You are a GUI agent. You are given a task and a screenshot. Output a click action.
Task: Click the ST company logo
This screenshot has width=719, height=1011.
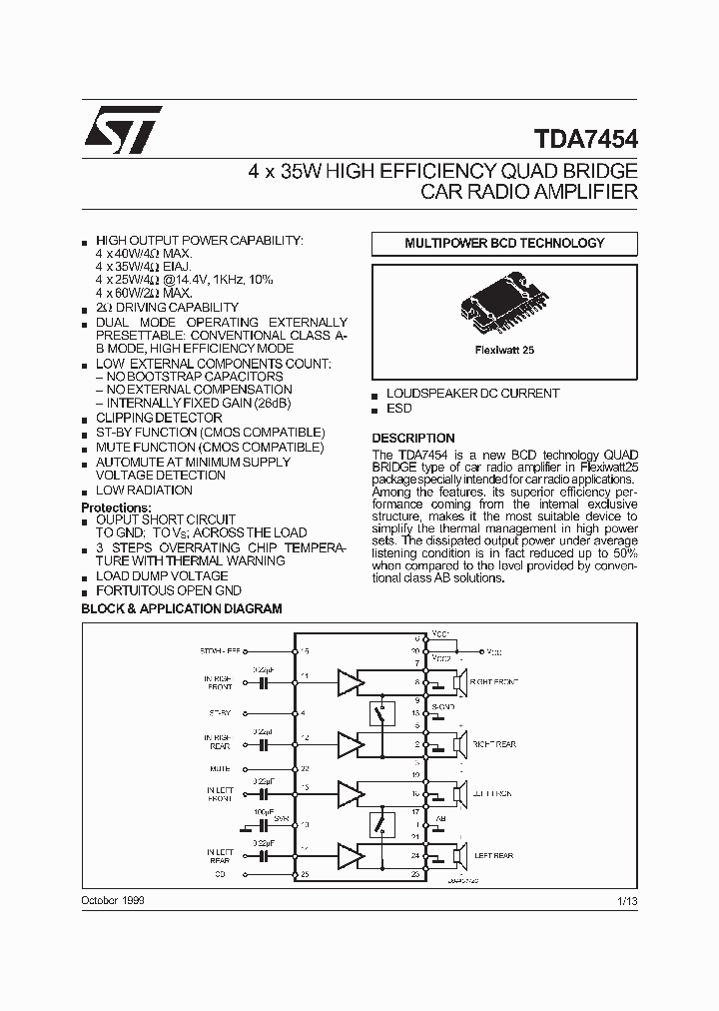tap(121, 132)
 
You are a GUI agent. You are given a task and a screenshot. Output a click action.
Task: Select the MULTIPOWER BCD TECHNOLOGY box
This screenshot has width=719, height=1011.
tap(504, 243)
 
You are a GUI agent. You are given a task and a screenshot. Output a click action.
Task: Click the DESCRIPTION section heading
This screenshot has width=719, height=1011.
tap(413, 438)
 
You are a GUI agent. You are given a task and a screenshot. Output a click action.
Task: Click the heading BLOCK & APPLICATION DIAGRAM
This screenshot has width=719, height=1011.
tap(181, 608)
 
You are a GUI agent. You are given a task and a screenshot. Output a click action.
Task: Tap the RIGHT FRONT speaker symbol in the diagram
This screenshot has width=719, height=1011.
tap(460, 684)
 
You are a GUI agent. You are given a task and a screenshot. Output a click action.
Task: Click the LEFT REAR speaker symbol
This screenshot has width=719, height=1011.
tap(460, 855)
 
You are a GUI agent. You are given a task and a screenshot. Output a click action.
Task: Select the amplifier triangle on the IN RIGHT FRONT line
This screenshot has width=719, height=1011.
tap(348, 683)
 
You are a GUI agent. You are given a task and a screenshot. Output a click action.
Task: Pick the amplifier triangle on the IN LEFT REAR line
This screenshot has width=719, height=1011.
tap(348, 855)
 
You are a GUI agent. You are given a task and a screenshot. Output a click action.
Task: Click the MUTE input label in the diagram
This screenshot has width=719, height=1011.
tap(221, 769)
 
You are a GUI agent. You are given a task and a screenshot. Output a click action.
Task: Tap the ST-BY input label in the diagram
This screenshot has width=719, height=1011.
tap(220, 713)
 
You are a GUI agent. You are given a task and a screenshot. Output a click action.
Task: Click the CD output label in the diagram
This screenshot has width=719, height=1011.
tap(221, 874)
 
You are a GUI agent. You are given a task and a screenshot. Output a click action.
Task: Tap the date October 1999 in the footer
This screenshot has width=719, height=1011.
tap(114, 901)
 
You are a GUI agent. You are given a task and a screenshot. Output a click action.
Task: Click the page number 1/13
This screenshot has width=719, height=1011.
tap(627, 901)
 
